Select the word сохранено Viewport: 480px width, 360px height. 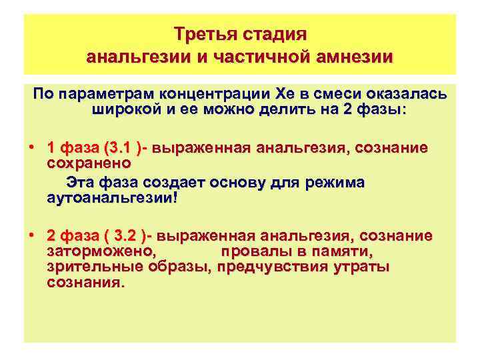click(x=89, y=162)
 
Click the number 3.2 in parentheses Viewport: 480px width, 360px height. click(x=127, y=237)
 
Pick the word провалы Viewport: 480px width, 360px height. click(x=254, y=251)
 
